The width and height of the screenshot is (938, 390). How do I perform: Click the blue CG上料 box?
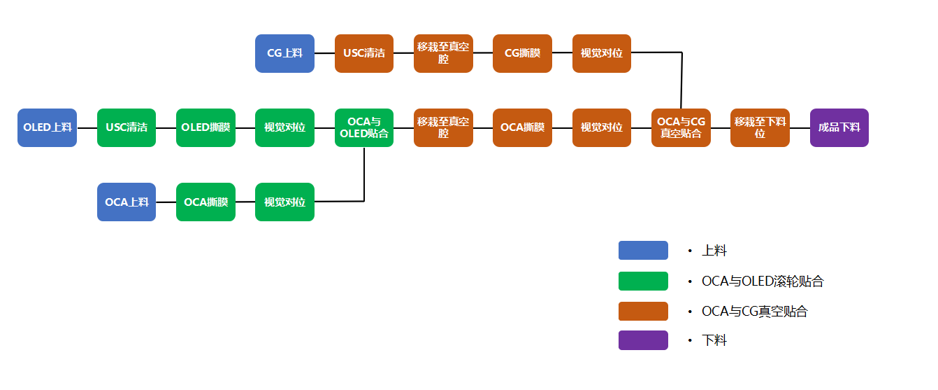[x=284, y=53]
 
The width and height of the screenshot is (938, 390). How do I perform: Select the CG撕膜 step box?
[x=522, y=53]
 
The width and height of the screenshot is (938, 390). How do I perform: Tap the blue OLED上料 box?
[x=47, y=127]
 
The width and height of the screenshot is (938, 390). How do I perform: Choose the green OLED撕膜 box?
[x=205, y=127]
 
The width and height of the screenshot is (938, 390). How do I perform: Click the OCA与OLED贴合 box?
[x=364, y=127]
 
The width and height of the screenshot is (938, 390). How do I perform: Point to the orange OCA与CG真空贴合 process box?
[x=681, y=127]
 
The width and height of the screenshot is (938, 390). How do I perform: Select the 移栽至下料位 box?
[x=760, y=127]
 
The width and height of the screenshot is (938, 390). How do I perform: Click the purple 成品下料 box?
[x=839, y=127]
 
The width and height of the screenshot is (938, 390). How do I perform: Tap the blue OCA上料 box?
[x=127, y=202]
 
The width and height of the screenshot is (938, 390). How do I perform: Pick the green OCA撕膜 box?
[x=205, y=202]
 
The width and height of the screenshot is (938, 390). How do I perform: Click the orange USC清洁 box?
[x=364, y=53]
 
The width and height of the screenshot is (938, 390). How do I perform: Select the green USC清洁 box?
[x=127, y=127]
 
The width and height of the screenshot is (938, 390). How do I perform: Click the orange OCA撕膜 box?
[x=522, y=127]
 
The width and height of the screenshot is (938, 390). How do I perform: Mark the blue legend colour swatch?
[x=643, y=251]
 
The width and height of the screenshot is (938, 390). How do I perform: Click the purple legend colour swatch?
[x=643, y=340]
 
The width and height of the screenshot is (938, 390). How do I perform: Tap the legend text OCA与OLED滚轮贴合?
[x=763, y=281]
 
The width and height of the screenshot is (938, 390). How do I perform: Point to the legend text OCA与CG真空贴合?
[x=754, y=312]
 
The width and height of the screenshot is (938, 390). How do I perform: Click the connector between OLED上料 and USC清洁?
[x=87, y=128]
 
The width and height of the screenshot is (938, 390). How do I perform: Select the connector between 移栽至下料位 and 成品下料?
[x=800, y=128]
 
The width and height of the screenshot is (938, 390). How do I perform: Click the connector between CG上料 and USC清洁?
[x=324, y=53]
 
